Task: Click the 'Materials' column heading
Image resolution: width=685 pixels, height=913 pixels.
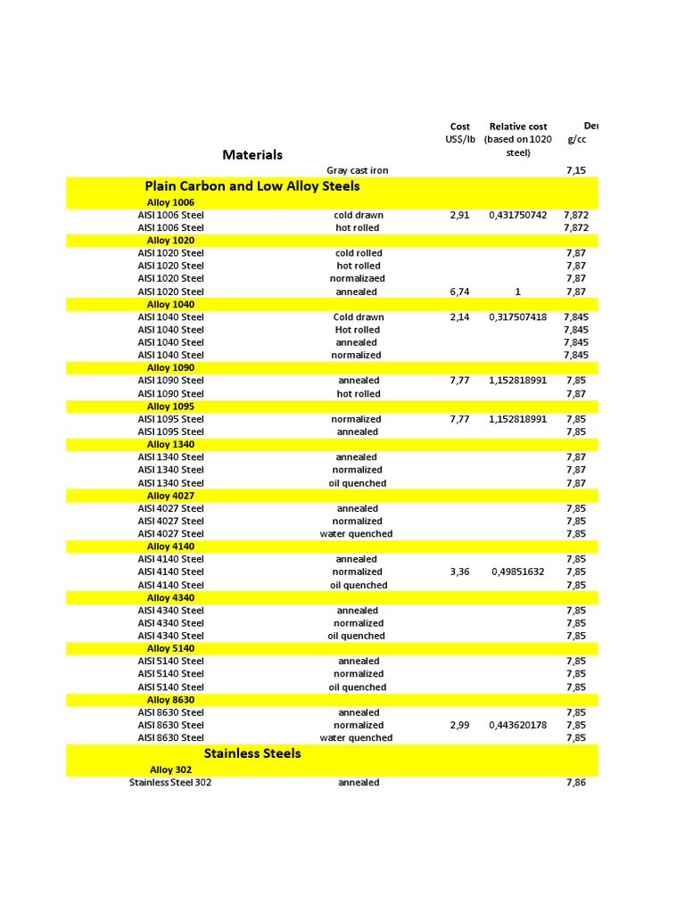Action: (252, 155)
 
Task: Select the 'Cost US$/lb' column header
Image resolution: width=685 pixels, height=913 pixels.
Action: (460, 133)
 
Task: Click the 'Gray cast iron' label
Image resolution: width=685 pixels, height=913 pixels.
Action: (358, 170)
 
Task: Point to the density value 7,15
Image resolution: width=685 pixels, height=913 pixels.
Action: (576, 170)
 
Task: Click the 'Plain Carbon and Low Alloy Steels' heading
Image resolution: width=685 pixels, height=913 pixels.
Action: (252, 186)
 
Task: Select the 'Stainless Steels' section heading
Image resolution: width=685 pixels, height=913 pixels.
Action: (252, 753)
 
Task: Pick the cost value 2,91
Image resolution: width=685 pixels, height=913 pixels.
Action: (460, 215)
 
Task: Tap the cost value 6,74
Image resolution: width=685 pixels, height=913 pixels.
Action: (460, 292)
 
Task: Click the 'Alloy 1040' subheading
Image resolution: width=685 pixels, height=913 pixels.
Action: (170, 304)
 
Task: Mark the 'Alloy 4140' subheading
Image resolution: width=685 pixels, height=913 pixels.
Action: (170, 547)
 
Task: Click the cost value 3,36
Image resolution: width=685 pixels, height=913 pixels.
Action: (460, 572)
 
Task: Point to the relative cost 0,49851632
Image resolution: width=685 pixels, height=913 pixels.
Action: (518, 572)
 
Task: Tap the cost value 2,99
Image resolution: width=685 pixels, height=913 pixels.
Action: (460, 725)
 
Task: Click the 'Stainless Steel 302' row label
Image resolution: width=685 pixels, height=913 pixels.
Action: (170, 783)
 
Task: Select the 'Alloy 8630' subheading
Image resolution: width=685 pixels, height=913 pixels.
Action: (170, 700)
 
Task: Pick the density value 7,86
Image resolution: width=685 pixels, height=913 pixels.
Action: (576, 783)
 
